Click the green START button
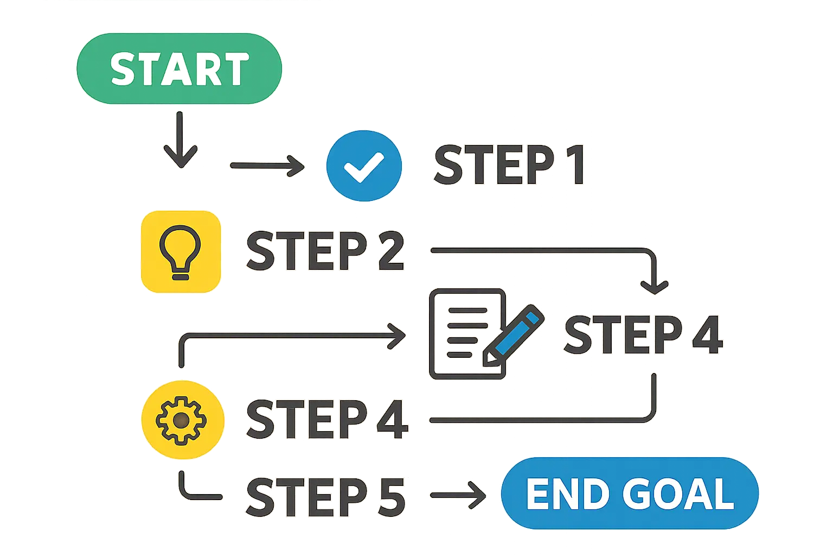[179, 68]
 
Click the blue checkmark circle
[364, 166]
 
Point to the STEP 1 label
[509, 165]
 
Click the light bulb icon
[180, 252]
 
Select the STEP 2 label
[325, 251]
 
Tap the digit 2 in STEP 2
[389, 251]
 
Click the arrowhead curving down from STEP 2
[655, 285]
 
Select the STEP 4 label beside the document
[643, 335]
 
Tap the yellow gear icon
[182, 420]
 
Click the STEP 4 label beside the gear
[326, 420]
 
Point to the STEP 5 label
[325, 496]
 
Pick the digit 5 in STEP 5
[390, 496]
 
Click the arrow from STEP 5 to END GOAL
[458, 495]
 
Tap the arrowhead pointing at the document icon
[398, 335]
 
